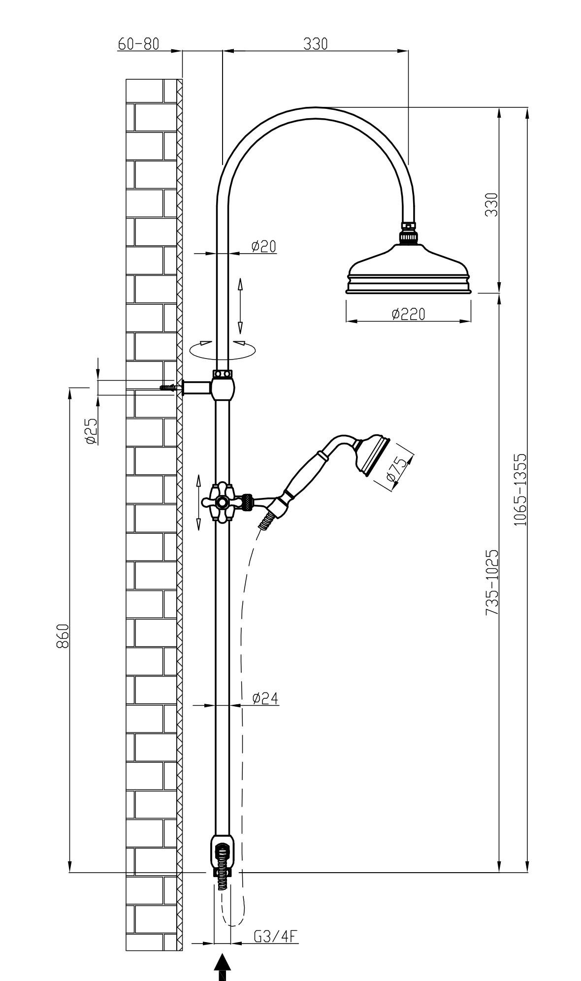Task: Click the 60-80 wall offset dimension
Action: tap(138, 44)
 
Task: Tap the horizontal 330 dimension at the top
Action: tap(315, 44)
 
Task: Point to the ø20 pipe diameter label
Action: tap(263, 246)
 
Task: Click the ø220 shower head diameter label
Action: tap(408, 314)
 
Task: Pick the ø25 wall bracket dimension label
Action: tap(91, 431)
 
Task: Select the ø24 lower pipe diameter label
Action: tap(265, 698)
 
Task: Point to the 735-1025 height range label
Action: tap(492, 582)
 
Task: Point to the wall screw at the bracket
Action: tap(169, 387)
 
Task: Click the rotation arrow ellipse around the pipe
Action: tap(223, 349)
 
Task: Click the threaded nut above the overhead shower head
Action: tap(409, 232)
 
